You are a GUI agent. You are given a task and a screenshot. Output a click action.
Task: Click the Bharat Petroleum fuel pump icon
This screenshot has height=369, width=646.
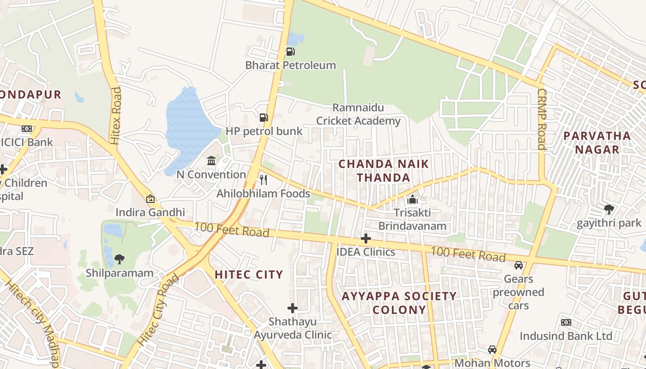click(x=291, y=51)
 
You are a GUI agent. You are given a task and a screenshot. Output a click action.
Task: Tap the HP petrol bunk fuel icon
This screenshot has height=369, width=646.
click(x=263, y=118)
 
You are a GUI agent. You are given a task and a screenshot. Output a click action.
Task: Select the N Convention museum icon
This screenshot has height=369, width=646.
click(x=211, y=161)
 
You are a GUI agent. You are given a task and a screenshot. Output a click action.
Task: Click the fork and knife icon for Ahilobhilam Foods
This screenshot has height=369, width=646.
click(x=263, y=179)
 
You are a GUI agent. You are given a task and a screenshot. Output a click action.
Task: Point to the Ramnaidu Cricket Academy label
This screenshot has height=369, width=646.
click(x=359, y=114)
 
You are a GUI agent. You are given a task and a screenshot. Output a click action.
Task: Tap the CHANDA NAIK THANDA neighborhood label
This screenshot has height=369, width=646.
click(x=384, y=171)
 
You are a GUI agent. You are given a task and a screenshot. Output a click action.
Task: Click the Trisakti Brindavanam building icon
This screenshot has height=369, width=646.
click(x=412, y=199)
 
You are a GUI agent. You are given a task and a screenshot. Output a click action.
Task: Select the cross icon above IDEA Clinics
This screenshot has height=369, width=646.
click(x=366, y=238)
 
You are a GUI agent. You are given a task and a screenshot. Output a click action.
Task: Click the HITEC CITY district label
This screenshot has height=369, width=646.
click(x=249, y=275)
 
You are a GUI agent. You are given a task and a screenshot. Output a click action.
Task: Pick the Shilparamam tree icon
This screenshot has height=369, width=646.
click(x=120, y=259)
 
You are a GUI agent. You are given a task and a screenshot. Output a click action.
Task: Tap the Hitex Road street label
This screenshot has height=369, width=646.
click(x=116, y=115)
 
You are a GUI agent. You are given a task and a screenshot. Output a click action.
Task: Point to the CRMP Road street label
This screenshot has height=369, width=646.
click(x=542, y=119)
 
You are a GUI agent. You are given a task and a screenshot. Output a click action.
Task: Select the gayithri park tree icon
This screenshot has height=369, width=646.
click(x=609, y=209)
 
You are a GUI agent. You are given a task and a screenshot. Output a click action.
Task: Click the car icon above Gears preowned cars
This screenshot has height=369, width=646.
click(x=519, y=265)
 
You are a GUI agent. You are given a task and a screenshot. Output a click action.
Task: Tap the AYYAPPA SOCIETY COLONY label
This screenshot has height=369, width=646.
click(x=399, y=303)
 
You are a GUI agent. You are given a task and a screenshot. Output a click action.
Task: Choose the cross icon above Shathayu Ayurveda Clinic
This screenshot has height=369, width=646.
click(x=293, y=308)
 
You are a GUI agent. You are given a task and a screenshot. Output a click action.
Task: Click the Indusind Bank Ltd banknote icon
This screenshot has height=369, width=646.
click(x=566, y=322)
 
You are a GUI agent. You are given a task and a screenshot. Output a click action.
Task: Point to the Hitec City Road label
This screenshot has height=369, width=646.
click(x=158, y=310)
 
